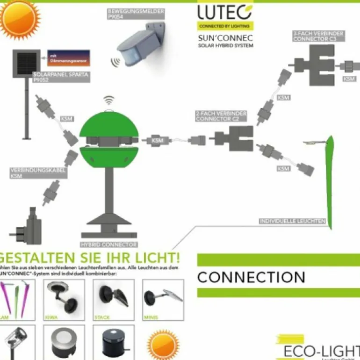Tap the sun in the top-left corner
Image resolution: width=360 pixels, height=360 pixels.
point(19,19)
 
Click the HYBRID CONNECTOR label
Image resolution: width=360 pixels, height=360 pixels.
point(109,245)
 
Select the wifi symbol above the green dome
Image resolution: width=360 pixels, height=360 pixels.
point(108,100)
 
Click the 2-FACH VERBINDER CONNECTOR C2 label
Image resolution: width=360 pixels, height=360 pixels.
point(221,116)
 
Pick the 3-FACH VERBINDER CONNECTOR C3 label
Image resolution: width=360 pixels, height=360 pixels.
point(318,36)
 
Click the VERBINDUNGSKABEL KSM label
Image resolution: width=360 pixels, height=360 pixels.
point(38,173)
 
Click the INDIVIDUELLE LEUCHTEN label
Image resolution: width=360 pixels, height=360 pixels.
point(292,221)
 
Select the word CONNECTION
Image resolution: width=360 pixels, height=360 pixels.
point(251,277)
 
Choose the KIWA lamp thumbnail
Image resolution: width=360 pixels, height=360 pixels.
point(64,300)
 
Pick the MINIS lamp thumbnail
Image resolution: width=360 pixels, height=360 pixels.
point(163,300)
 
